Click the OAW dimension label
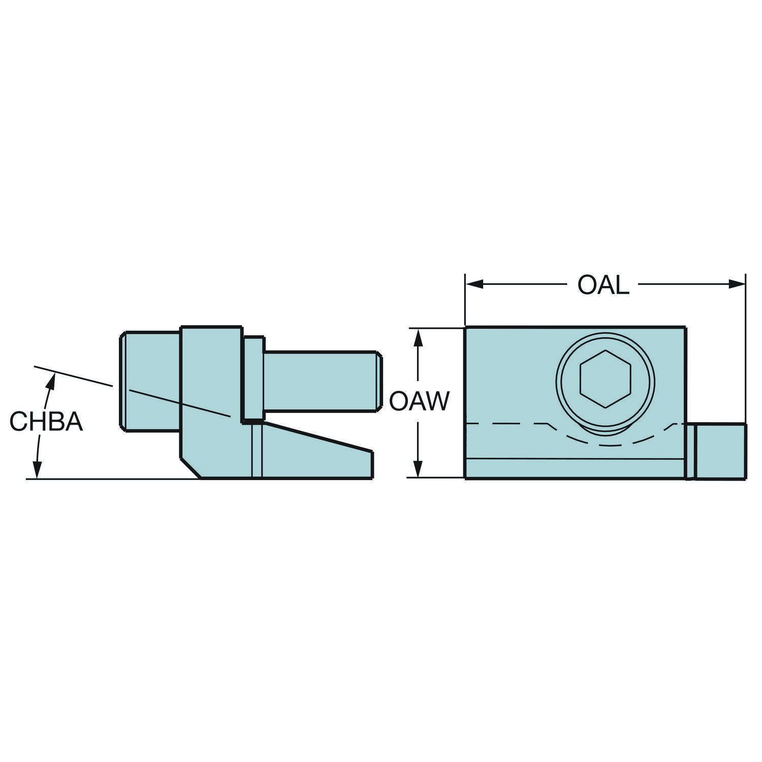419,401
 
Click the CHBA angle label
46,422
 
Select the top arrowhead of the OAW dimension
418,337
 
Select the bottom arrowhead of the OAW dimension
418,469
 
